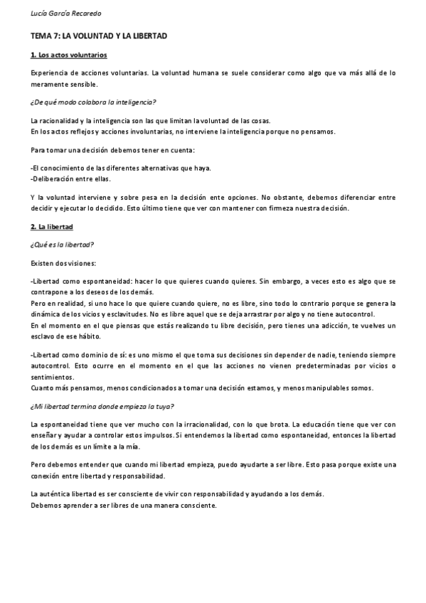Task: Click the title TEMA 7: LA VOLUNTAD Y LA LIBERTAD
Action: click(x=99, y=36)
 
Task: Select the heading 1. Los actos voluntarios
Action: click(x=69, y=55)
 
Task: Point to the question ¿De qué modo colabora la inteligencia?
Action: click(x=94, y=102)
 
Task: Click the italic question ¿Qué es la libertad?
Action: click(x=63, y=245)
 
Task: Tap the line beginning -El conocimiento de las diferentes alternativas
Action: click(x=121, y=168)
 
